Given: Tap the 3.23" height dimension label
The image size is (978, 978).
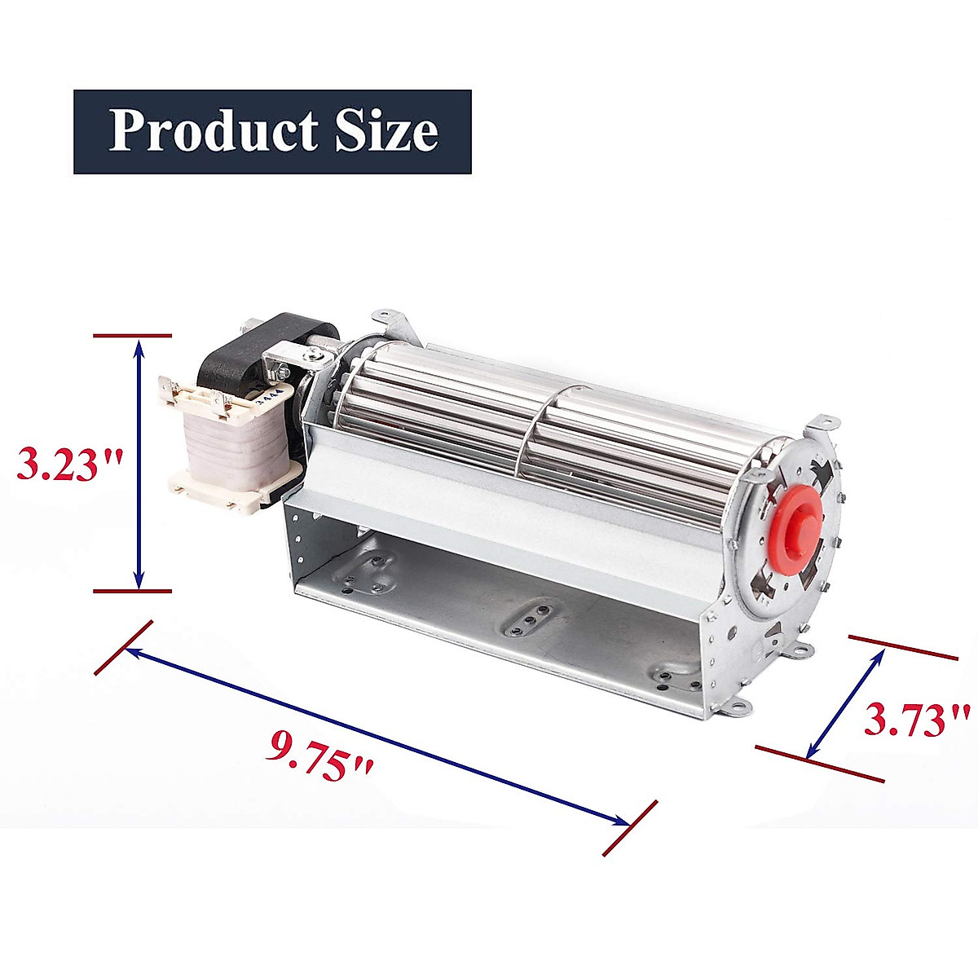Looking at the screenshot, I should pyautogui.click(x=70, y=465).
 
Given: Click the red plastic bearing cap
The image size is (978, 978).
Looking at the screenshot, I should pyautogui.click(x=790, y=539).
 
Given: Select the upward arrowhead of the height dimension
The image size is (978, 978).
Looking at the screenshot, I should pyautogui.click(x=139, y=347).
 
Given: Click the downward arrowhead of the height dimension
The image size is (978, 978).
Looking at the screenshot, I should pyautogui.click(x=139, y=579).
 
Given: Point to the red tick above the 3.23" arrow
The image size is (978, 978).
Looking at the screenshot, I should pyautogui.click(x=133, y=335).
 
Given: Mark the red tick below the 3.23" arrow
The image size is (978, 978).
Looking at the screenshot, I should pyautogui.click(x=133, y=591).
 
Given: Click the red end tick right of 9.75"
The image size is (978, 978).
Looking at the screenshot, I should pyautogui.click(x=630, y=828).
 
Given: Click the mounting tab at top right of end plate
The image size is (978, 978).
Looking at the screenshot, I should pyautogui.click(x=822, y=425).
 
